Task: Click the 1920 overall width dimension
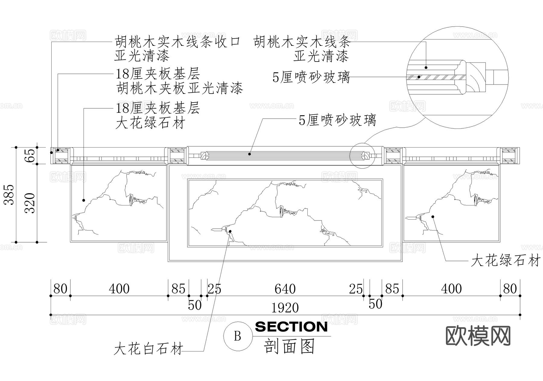[x=285, y=308]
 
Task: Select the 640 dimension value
[x=285, y=289]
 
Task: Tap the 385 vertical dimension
[x=10, y=195]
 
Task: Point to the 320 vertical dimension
[x=30, y=203]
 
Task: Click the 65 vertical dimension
[x=30, y=156]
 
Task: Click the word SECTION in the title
[x=291, y=327]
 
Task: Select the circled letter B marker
[x=238, y=336]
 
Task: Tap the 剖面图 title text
[x=290, y=346]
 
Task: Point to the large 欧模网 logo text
[x=478, y=336]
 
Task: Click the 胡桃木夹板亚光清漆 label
[x=180, y=88]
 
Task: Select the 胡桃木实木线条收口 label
[x=178, y=42]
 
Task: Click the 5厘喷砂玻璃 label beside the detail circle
[x=311, y=77]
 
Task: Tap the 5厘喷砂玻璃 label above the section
[x=337, y=120]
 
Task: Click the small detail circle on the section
[x=362, y=156]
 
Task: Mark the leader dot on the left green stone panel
[x=84, y=200]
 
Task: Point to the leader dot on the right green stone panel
[x=433, y=216]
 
